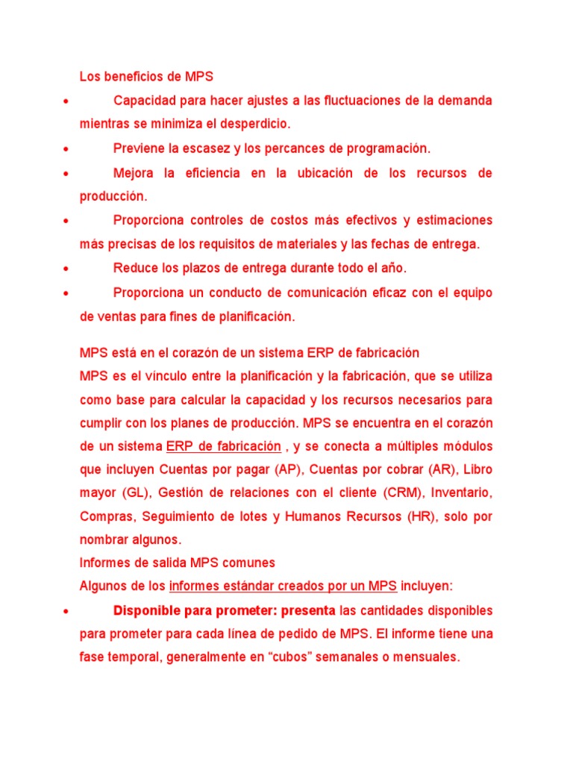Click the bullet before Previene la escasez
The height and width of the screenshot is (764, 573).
coord(67,148)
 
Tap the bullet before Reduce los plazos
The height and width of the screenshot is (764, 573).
coord(67,269)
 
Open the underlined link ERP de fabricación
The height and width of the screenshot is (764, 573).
coord(223,446)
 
